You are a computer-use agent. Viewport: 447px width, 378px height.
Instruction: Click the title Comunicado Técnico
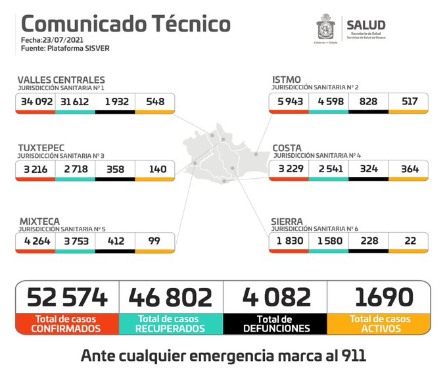click(126, 24)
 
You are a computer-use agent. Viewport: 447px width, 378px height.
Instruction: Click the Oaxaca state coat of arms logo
click(326, 29)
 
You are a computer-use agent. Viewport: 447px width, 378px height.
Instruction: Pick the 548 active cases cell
click(155, 102)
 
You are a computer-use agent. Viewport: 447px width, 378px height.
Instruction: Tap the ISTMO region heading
click(287, 80)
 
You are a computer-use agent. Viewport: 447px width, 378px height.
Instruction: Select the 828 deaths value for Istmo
click(368, 102)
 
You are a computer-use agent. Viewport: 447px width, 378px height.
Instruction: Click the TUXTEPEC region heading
click(42, 148)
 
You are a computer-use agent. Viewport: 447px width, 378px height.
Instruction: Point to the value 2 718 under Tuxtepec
click(76, 169)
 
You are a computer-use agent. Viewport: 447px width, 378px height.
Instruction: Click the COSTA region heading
click(287, 148)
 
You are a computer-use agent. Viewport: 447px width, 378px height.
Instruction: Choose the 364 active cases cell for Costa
click(408, 169)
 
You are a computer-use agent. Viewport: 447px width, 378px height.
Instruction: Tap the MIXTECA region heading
click(39, 222)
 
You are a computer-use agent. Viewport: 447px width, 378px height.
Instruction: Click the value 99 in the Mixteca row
click(155, 241)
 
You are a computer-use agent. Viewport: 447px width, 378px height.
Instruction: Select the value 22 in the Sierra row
click(408, 241)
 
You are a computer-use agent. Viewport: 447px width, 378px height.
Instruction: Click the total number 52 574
click(67, 297)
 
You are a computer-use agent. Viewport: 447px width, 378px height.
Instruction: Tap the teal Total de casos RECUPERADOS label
click(171, 323)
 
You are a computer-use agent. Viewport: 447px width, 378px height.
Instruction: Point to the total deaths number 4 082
click(275, 297)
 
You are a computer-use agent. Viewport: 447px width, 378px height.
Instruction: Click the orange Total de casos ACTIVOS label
click(379, 323)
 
